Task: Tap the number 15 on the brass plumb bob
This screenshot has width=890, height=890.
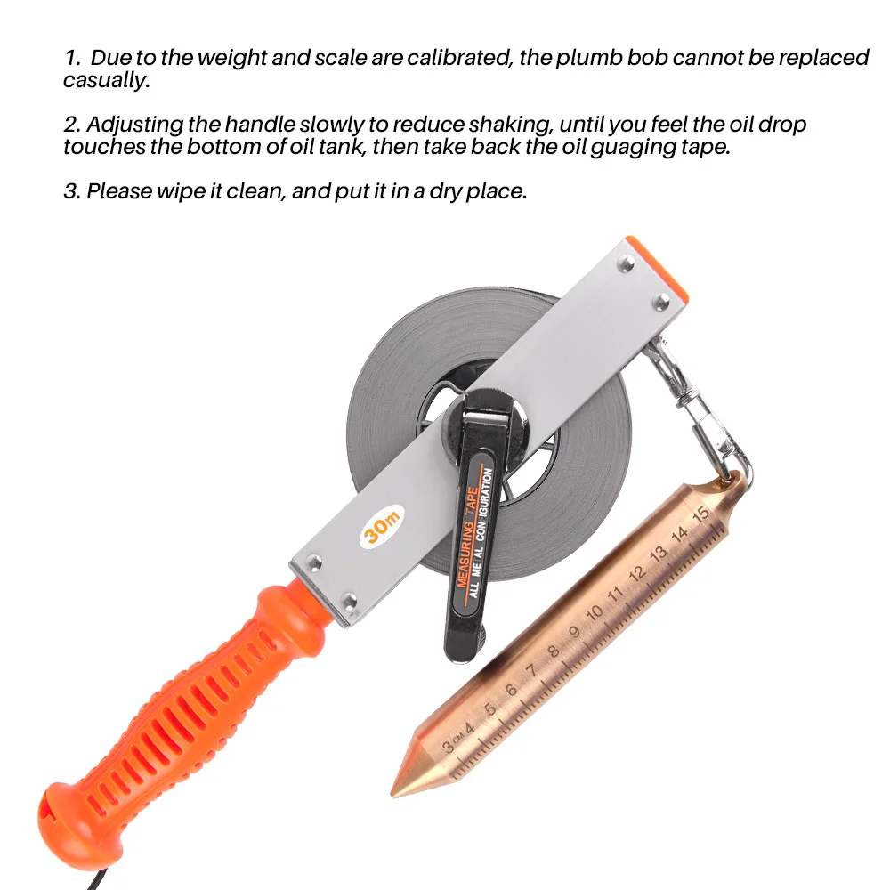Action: pos(700,514)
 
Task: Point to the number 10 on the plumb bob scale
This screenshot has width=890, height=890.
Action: pos(595,612)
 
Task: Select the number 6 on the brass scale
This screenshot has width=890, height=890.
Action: pos(511,690)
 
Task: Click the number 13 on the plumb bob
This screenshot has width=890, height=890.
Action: pos(659,553)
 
